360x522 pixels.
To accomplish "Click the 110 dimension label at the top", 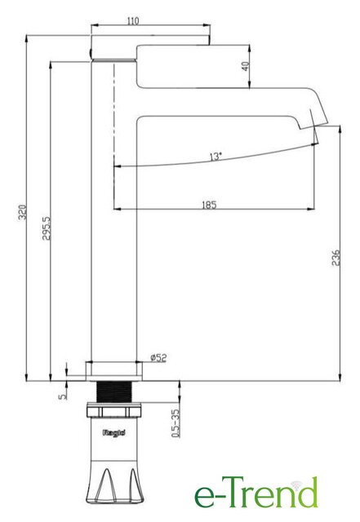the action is click(133, 20).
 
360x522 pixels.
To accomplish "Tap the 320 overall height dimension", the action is click(22, 212).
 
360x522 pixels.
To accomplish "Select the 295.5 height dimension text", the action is click(47, 228).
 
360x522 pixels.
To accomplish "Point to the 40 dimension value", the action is click(246, 66).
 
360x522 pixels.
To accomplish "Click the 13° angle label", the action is click(216, 156).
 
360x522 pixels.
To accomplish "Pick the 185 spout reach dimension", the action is click(209, 204).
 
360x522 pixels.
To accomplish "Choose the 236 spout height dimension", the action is click(336, 258).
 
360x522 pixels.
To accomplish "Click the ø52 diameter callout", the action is click(158, 358).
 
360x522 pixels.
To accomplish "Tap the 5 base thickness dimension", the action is click(62, 396).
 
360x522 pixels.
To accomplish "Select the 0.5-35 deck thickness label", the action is click(176, 422).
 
